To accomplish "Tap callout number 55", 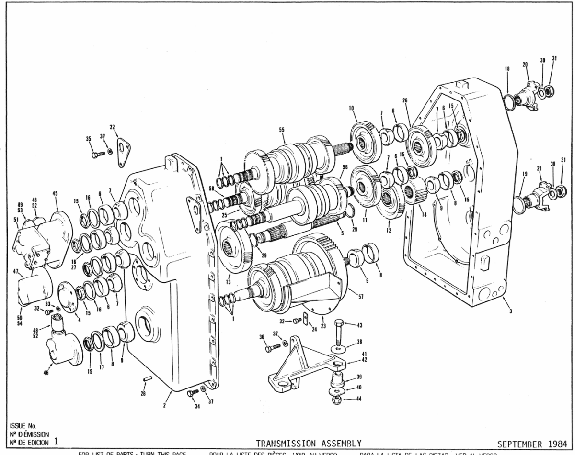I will (x=282, y=130).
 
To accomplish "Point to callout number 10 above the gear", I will (x=351, y=109).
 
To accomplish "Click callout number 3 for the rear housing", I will (x=511, y=311).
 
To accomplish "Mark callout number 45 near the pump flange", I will (x=55, y=193).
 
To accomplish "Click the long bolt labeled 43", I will (x=338, y=330).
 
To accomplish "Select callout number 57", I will (x=361, y=297).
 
